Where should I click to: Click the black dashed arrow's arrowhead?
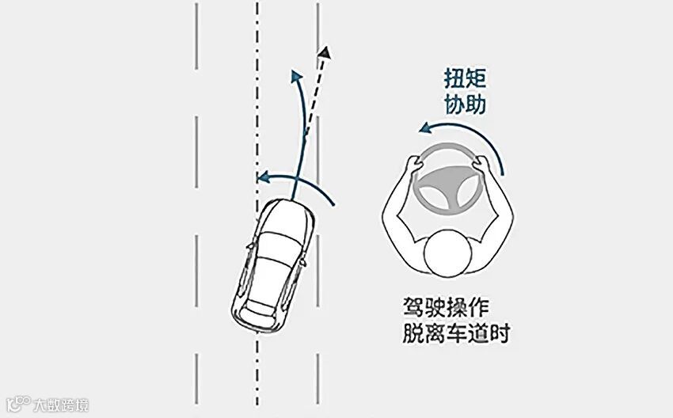click(324, 53)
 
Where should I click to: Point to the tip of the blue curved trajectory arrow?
click(297, 75)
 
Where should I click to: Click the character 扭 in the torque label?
click(454, 79)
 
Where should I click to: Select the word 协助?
click(465, 104)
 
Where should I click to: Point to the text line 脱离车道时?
click(454, 333)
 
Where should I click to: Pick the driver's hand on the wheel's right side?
click(481, 164)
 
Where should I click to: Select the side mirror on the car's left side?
click(250, 246)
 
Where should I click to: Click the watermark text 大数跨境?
click(60, 405)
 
